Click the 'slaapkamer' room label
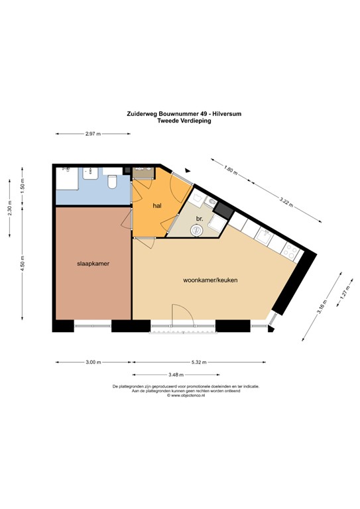point(92,263)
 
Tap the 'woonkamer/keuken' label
point(210,280)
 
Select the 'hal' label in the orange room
point(157,206)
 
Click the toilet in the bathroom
point(111,180)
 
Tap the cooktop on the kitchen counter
point(290,251)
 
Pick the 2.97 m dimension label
point(93,134)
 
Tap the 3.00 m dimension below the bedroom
point(93,363)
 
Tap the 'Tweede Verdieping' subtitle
point(184,121)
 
